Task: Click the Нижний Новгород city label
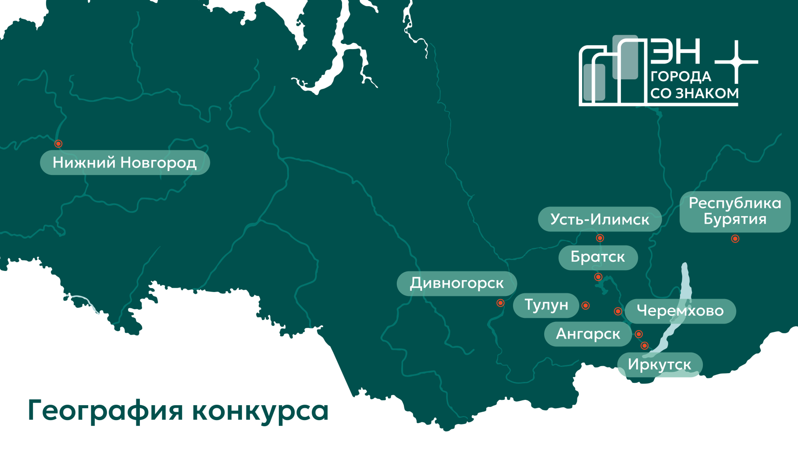125,163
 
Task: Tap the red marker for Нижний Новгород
58,144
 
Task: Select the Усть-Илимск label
599,219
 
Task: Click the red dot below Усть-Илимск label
600,238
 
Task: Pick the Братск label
598,257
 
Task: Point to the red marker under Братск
598,277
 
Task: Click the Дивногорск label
456,284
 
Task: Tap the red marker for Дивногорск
500,303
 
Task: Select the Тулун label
546,305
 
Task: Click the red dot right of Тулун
586,306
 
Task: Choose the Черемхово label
680,311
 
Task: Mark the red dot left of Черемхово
618,311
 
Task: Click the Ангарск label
588,335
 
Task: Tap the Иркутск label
659,365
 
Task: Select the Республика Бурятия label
735,211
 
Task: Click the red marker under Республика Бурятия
735,239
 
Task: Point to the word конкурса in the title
260,411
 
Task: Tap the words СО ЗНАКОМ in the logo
695,93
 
